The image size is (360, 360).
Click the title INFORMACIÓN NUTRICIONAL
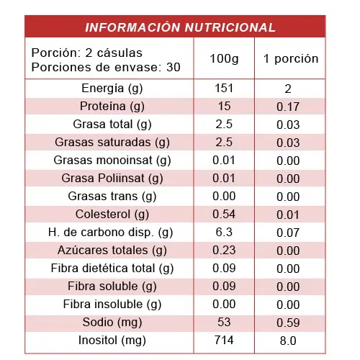(x=180, y=27)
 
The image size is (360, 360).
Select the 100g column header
(x=224, y=59)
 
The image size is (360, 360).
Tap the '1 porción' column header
(x=291, y=59)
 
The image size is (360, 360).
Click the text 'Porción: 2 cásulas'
(x=87, y=53)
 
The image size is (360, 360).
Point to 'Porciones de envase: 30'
(x=106, y=67)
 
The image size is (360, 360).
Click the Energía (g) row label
(x=112, y=89)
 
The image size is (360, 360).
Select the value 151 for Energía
(x=224, y=88)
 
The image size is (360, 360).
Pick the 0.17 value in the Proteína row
(x=288, y=107)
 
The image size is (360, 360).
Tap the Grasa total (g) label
(x=112, y=125)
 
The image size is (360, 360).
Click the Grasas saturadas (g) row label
(x=112, y=143)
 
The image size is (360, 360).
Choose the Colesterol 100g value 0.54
(x=224, y=214)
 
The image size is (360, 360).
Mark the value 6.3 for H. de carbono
(x=224, y=232)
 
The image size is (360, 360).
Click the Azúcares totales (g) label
(x=112, y=251)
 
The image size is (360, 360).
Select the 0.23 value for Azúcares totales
(x=224, y=250)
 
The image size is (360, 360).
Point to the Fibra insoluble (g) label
(x=112, y=305)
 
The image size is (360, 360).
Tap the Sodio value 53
(x=224, y=322)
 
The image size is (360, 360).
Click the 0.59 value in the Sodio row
(x=288, y=323)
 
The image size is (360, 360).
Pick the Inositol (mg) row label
(x=112, y=341)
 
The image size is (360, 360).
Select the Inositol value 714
(x=224, y=340)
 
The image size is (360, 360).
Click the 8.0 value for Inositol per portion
(x=288, y=341)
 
